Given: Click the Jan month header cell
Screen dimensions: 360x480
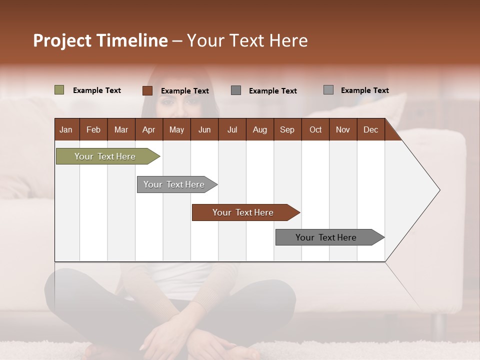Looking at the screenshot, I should coord(66,129).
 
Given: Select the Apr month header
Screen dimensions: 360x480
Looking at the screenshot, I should coord(149,129).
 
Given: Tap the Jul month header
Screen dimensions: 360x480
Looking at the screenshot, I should coord(232,129).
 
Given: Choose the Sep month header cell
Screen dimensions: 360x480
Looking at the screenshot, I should coord(287,129).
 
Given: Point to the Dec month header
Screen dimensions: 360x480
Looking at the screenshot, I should coord(370,129).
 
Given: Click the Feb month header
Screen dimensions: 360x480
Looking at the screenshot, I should coord(93,129).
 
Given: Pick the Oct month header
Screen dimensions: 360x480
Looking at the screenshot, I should coord(315,129).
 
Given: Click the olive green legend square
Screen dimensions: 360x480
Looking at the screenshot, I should coord(59,90).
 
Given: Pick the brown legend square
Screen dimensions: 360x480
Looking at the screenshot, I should coord(147,90).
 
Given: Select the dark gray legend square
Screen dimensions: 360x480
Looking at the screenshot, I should coord(236,90).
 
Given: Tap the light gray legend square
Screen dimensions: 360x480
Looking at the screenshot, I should coord(328,90).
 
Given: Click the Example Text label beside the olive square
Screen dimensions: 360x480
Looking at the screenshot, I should coord(97,90).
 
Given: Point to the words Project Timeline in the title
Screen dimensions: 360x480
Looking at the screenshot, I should coord(100,40).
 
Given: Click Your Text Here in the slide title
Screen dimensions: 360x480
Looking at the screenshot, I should coord(247,40).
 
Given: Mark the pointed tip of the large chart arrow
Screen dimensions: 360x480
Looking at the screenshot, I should coord(439,190).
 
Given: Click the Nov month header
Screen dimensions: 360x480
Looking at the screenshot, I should coord(343,129).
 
